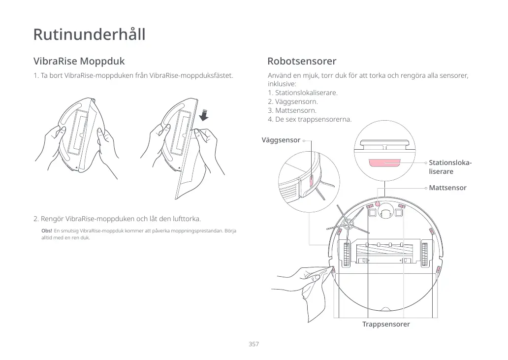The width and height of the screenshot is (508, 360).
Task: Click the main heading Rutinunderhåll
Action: pos(89,35)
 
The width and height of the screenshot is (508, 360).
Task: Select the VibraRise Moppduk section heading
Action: pos(79,62)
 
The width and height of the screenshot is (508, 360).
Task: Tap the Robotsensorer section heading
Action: pos(302,62)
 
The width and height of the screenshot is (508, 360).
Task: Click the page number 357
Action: pos(254,344)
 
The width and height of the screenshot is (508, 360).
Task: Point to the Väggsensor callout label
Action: pos(281,140)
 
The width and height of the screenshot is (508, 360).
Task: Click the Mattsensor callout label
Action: pos(447,188)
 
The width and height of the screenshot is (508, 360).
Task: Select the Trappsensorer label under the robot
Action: pos(386,324)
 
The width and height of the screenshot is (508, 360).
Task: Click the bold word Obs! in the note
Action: pos(47,230)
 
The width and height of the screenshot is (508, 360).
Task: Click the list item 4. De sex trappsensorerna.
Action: pos(310,119)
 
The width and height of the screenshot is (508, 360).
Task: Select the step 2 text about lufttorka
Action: pos(117,219)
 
